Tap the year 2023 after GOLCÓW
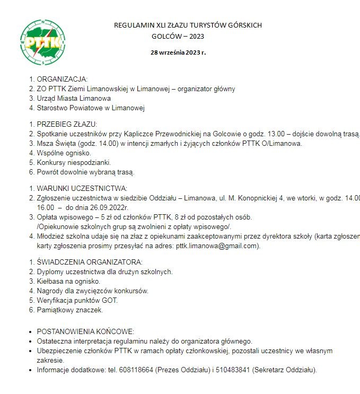pos(195,37)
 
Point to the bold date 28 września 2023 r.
pos(178,53)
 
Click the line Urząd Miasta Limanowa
pos(74,99)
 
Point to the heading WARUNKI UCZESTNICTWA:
pos(82,188)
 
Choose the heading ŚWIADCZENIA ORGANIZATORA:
pos(90,262)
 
